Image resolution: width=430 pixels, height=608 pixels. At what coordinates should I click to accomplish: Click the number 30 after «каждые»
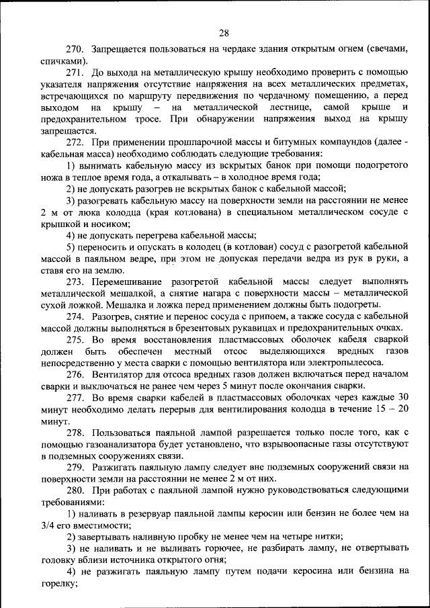402,398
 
